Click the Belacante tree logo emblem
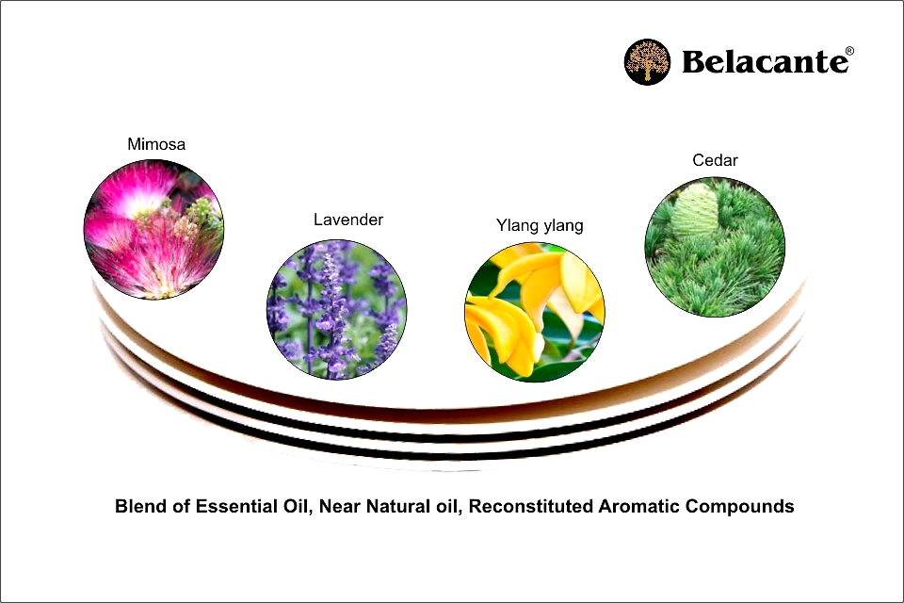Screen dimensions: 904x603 [x=648, y=62]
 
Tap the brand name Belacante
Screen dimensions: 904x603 [x=765, y=62]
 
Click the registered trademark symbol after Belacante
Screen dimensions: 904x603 [x=849, y=52]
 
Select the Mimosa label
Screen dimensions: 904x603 [x=156, y=144]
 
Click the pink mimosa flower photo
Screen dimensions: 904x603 [x=153, y=229]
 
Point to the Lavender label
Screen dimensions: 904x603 [x=348, y=220]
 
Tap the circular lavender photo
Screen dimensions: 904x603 [x=337, y=310]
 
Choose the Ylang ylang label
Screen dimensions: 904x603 [x=540, y=225]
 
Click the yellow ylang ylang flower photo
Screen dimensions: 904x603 [x=535, y=312]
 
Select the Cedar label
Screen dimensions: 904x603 [x=715, y=160]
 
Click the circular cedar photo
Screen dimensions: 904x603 [x=715, y=247]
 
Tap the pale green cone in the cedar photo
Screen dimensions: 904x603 [x=696, y=211]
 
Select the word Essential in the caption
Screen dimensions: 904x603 [x=236, y=506]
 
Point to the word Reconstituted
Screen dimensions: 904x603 [x=530, y=506]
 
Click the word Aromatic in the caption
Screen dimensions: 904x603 [x=639, y=506]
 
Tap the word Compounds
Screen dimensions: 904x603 [x=740, y=506]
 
